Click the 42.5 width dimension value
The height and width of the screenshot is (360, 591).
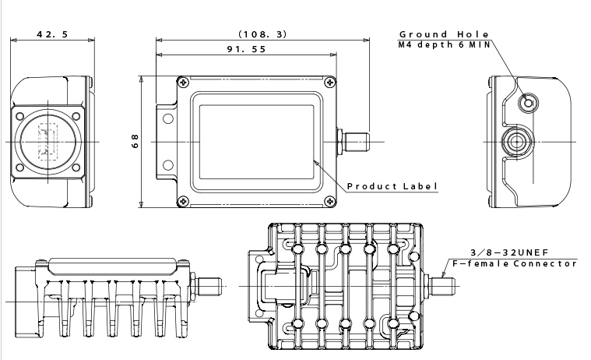tap(51, 34)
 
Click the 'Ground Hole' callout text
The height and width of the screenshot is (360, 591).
tap(444, 34)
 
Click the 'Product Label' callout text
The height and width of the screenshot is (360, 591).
tap(392, 186)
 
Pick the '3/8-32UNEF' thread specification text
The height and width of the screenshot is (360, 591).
tap(508, 252)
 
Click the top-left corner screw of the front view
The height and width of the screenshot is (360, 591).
tap(182, 82)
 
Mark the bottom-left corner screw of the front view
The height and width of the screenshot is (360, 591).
tap(182, 202)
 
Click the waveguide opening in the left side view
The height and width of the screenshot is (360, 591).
tap(47, 141)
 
